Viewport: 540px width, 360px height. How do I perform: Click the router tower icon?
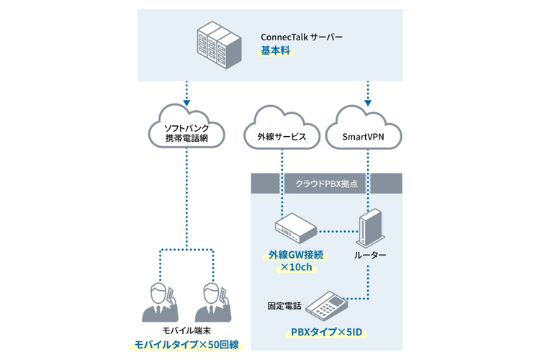point(369,227)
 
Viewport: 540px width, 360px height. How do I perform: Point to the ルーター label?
point(370,256)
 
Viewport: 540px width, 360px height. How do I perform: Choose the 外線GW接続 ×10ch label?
point(295,261)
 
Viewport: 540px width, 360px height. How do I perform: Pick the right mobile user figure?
point(212,302)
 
